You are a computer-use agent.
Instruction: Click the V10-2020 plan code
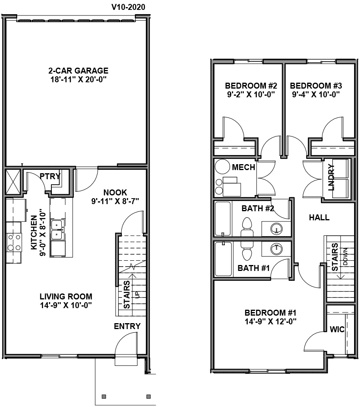(128, 7)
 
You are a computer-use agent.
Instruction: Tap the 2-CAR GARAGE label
(78, 70)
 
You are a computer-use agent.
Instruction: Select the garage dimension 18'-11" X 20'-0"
(78, 80)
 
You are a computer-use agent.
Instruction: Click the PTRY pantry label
(50, 176)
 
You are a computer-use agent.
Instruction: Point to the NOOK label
(115, 193)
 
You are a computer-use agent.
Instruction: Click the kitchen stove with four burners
(14, 242)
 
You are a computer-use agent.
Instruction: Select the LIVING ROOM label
(66, 296)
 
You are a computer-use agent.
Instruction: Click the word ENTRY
(127, 326)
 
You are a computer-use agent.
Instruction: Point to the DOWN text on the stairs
(345, 256)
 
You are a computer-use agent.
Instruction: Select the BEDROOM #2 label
(251, 86)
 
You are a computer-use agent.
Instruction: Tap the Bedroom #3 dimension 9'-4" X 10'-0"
(316, 95)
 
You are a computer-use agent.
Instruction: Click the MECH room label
(243, 167)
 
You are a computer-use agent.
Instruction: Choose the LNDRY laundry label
(331, 177)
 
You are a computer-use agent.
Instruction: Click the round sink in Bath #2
(277, 229)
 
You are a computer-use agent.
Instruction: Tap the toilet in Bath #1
(247, 252)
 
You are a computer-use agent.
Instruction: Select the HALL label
(319, 218)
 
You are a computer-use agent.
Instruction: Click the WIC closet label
(337, 329)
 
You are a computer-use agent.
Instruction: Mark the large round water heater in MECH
(222, 167)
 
